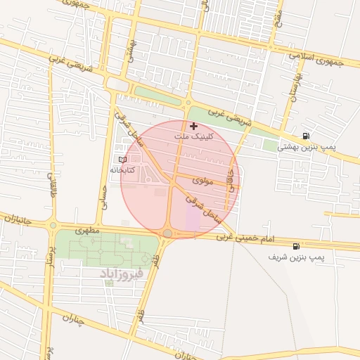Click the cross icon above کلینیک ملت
pyautogui.click(x=194, y=126)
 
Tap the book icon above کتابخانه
pyautogui.click(x=123, y=160)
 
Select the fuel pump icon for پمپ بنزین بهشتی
pyautogui.click(x=305, y=136)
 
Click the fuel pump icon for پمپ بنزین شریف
pyautogui.click(x=296, y=247)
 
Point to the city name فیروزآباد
pyautogui.click(x=122, y=272)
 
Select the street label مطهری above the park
pyautogui.click(x=89, y=230)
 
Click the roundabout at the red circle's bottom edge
pyautogui.click(x=168, y=233)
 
